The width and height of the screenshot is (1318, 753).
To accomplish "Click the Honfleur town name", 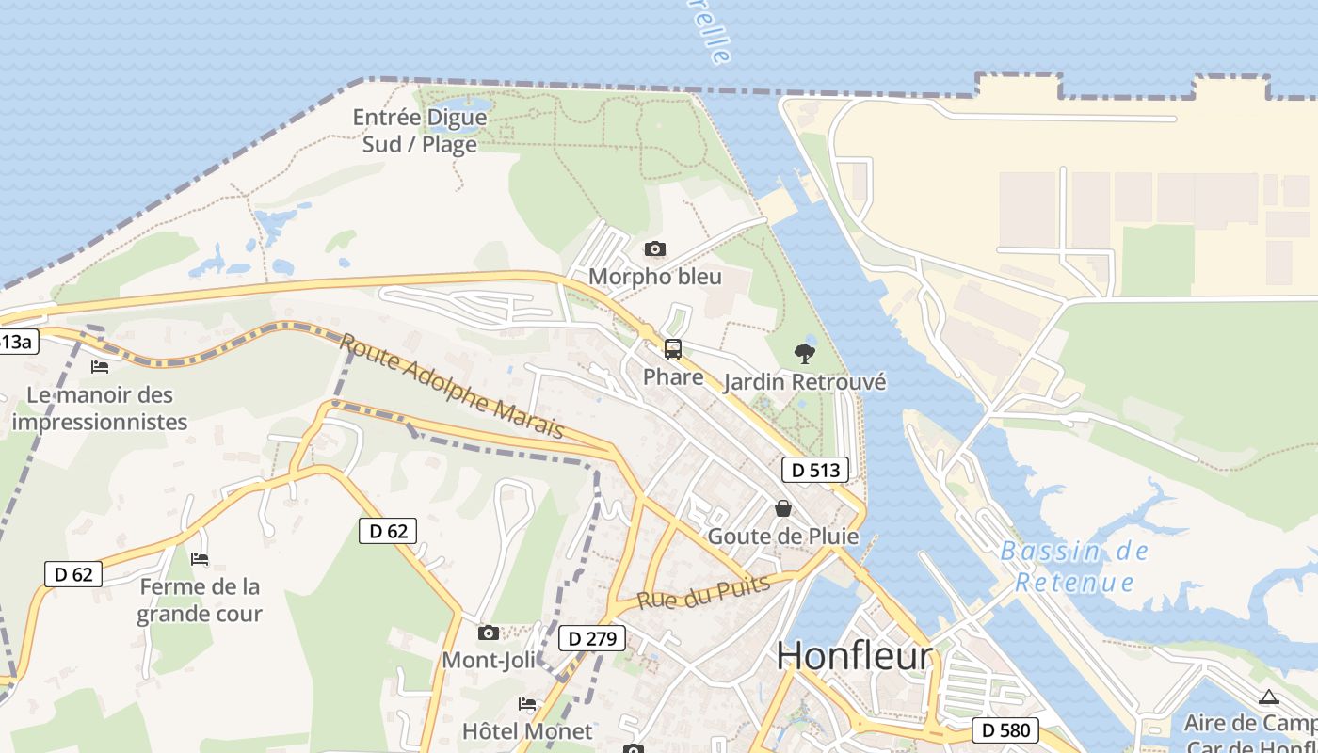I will (x=855, y=656).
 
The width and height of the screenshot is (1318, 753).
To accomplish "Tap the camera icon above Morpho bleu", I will (x=654, y=249).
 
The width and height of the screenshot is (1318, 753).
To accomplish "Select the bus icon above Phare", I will (x=673, y=349).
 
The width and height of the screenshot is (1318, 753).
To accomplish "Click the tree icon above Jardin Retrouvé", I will (x=804, y=354).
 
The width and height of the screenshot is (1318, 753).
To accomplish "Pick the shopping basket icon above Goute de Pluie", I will (x=783, y=508).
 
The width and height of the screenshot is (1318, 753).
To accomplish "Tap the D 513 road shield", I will (x=815, y=470).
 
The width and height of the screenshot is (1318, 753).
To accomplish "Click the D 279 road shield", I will (x=592, y=639).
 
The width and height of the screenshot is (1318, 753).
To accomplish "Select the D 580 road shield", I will (x=1005, y=729).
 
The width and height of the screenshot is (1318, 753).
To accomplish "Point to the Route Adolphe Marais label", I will (x=452, y=386).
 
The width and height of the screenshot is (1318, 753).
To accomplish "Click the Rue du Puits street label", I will (x=703, y=592).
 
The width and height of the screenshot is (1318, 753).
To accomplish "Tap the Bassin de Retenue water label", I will (x=1074, y=567).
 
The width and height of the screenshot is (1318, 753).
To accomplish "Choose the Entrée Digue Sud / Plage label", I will (x=420, y=131).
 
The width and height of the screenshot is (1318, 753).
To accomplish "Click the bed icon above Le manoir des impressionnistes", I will (x=100, y=366).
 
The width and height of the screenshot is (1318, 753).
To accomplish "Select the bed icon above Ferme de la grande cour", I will (x=200, y=559).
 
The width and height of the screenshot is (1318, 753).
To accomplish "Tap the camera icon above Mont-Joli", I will (x=488, y=633).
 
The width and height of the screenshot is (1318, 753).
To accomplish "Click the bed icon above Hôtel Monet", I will (x=527, y=704).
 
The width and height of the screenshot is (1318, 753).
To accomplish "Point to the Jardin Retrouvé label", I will (x=805, y=382).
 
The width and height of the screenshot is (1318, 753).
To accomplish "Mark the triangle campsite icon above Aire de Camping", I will (x=1268, y=697).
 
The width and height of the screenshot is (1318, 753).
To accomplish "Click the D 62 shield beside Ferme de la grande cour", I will (x=73, y=573).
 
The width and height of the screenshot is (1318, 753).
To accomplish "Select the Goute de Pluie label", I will (x=783, y=537).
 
